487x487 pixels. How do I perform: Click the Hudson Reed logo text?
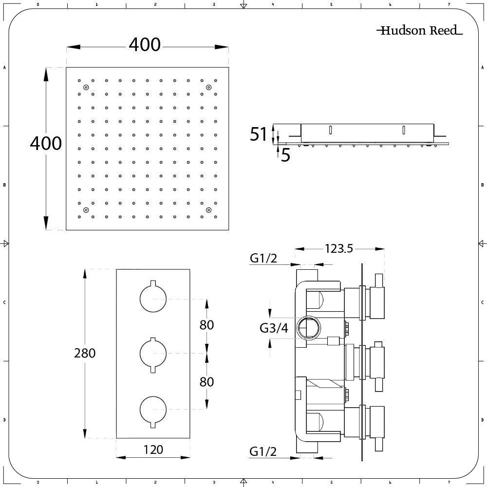point(420,30)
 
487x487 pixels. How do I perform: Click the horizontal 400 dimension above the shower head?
point(145,45)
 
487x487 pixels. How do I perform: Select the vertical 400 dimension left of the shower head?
point(46,144)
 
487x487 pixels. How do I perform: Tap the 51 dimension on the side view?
point(258,134)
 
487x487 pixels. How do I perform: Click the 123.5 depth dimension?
point(339,248)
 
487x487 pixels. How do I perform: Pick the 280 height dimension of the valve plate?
point(85,353)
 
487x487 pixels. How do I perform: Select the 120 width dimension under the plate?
point(153,450)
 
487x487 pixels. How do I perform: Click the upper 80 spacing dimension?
point(206,325)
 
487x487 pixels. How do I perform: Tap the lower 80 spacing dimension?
point(206,382)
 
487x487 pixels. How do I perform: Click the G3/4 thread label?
point(274,328)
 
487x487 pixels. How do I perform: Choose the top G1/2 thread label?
point(263,258)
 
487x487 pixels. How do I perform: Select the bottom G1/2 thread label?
point(263,451)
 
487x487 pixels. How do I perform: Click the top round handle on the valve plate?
point(153,298)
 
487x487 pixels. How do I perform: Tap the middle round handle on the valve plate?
point(153,354)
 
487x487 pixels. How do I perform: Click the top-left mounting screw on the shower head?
point(86,87)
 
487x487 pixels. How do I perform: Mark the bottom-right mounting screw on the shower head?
point(209,210)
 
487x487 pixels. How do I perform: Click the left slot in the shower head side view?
point(331,130)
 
